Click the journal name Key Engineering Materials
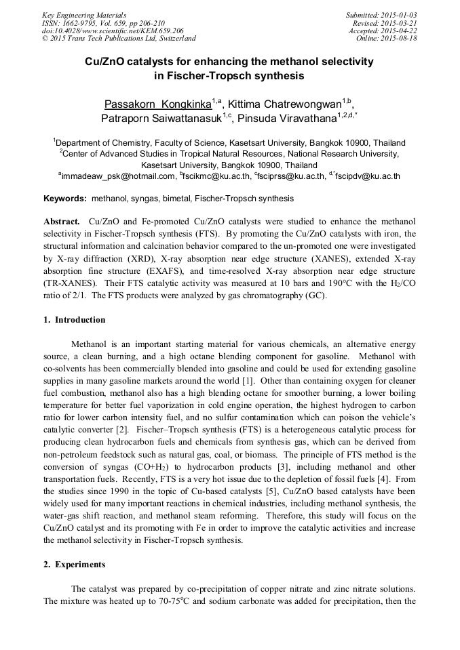pyautogui.click(x=84, y=14)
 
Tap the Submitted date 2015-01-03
pyautogui.click(x=400, y=14)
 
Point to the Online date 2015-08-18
pyautogui.click(x=400, y=39)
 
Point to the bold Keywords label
pyautogui.click(x=65, y=199)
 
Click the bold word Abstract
pyautogui.click(x=62, y=222)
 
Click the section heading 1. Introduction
pyautogui.click(x=75, y=320)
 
